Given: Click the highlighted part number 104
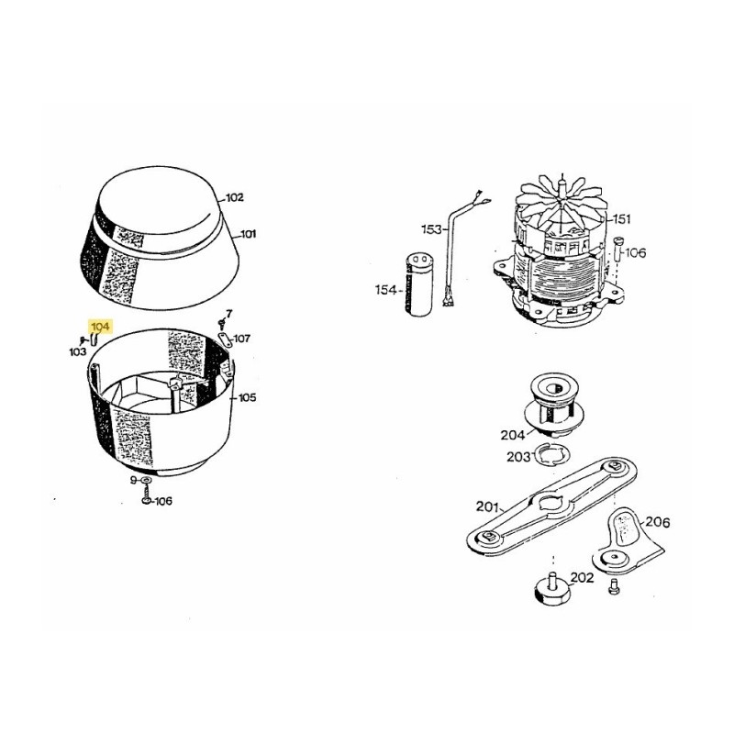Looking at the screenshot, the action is coord(101,327).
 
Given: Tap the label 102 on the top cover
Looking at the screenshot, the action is coord(235,197).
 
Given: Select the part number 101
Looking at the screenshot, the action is coord(248,234).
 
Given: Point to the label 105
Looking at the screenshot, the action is coord(247,398).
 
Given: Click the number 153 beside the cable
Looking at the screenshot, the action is coord(431,229).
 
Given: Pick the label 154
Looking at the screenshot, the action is coord(385,290).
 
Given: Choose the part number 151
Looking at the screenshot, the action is coord(622,219).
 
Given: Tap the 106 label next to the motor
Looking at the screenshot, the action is coord(635,253).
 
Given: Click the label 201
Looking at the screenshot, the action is coord(487,506).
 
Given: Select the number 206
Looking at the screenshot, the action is coord(658,522).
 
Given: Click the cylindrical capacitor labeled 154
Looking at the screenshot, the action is coord(419,284).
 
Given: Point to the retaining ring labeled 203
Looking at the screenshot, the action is coord(552,455).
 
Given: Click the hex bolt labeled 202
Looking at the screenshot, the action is coord(552,589).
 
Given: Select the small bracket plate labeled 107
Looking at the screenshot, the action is coord(226,339).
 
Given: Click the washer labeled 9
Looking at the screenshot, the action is coord(146,480).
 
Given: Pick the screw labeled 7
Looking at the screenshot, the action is coord(221,324).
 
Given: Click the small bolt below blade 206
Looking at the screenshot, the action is coord(613,587).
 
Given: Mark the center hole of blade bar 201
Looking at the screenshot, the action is coord(552,503).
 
